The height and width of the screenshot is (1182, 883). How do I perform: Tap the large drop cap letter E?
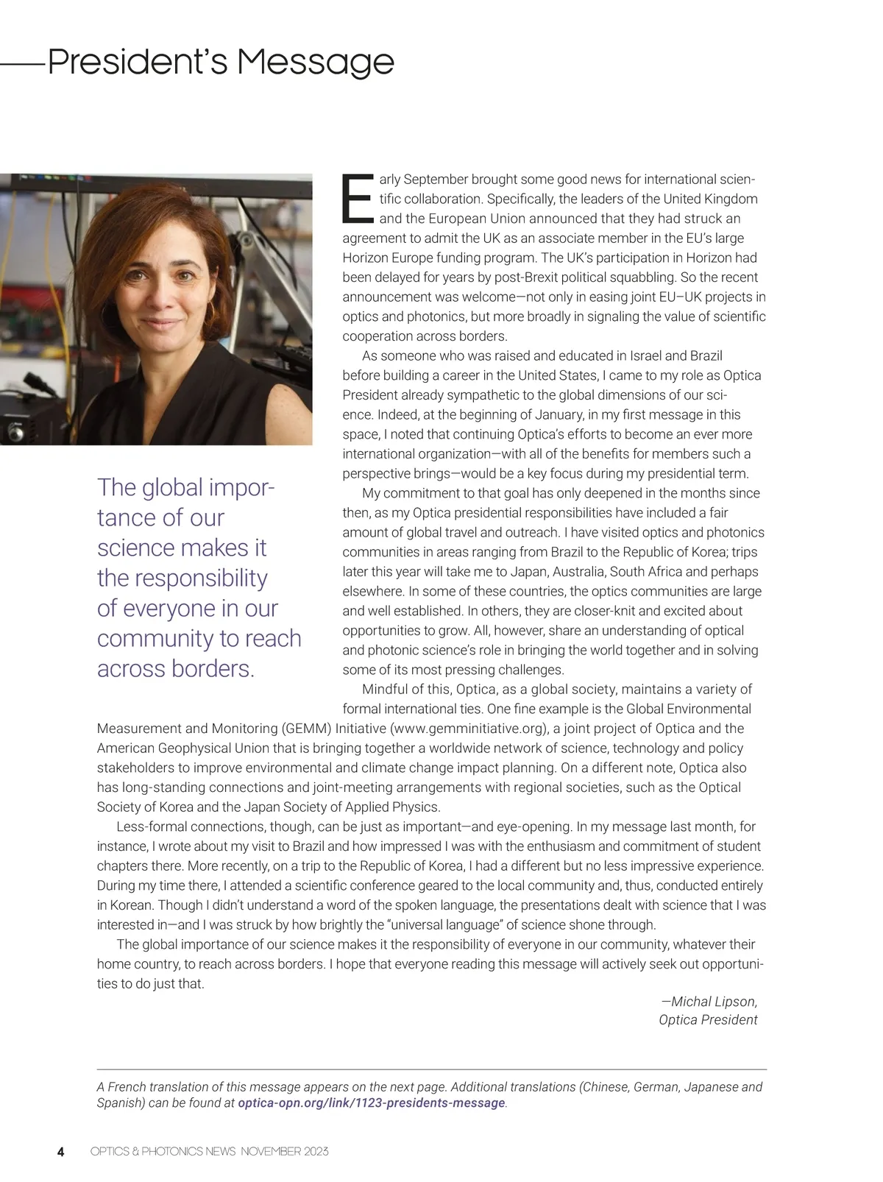coord(358,199)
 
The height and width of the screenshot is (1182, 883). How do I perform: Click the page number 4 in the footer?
coord(61,1152)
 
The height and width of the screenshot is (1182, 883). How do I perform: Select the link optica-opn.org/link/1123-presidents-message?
coord(372,1103)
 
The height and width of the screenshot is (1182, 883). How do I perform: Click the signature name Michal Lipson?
coord(714,1002)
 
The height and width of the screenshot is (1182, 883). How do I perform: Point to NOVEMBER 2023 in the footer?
coord(284,1152)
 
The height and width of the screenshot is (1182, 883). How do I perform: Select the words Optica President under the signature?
coord(708,1020)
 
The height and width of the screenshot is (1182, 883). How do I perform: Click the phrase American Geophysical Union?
coord(183,749)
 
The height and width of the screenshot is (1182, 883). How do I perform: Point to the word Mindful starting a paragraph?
coord(386,690)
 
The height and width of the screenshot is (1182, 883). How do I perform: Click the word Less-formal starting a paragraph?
coord(150,827)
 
